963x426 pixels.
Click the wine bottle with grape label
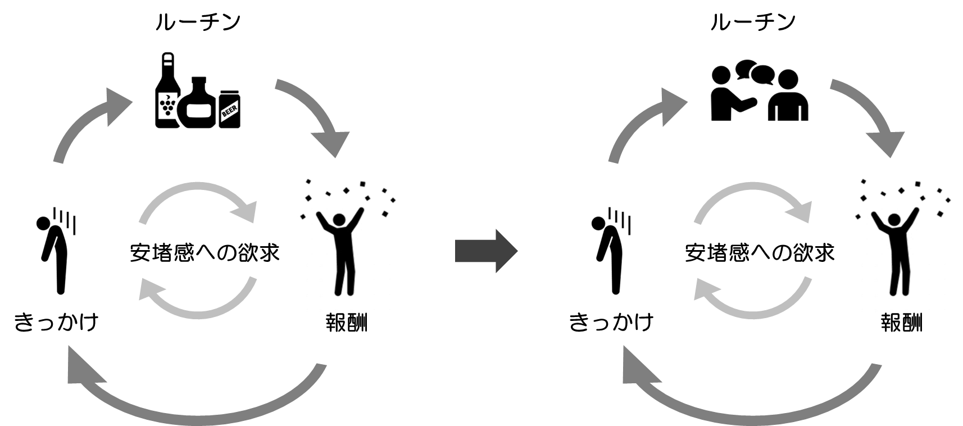click(x=167, y=93)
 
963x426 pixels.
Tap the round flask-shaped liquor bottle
click(x=198, y=104)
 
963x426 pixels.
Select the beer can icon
click(x=229, y=110)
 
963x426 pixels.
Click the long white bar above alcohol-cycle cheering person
click(x=365, y=174)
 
